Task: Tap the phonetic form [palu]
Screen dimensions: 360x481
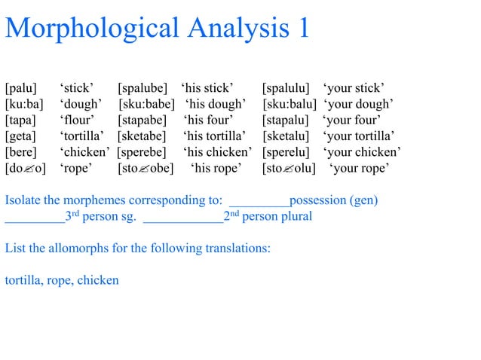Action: tap(21, 87)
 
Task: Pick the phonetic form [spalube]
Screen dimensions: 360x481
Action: tap(145, 87)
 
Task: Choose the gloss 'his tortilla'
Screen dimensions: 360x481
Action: tap(215, 136)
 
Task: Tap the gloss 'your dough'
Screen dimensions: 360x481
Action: tap(360, 104)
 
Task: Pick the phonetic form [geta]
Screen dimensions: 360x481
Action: tap(20, 136)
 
